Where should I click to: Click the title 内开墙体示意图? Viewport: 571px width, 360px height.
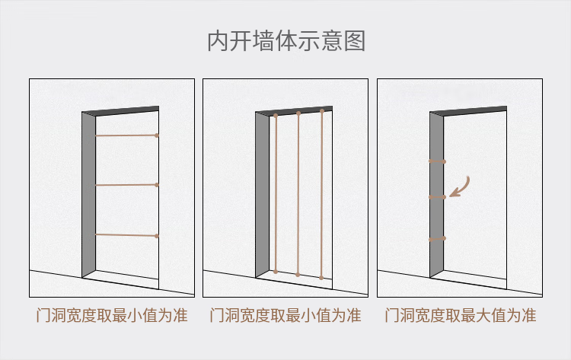pyautogui.click(x=285, y=41)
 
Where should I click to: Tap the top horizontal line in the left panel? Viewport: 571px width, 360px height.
pyautogui.click(x=126, y=135)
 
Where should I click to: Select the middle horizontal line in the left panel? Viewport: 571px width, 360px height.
pyautogui.click(x=126, y=184)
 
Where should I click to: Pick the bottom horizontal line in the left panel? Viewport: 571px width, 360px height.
pyautogui.click(x=126, y=235)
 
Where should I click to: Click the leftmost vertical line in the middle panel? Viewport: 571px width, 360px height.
pyautogui.click(x=276, y=194)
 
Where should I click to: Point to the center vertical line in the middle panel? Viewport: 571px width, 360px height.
pyautogui.click(x=298, y=194)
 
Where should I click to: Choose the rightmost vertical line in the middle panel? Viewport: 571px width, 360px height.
pyautogui.click(x=322, y=194)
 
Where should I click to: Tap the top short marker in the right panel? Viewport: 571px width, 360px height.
pyautogui.click(x=437, y=161)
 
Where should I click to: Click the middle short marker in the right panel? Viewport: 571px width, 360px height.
pyautogui.click(x=437, y=197)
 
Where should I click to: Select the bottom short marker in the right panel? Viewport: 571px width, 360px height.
pyautogui.click(x=437, y=239)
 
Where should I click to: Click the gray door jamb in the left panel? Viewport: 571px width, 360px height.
pyautogui.click(x=89, y=194)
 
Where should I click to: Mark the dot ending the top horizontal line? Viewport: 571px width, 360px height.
pyautogui.click(x=157, y=135)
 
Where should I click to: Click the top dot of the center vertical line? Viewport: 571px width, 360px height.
pyautogui.click(x=298, y=113)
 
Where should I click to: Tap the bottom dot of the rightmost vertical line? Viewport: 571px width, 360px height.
pyautogui.click(x=322, y=278)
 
